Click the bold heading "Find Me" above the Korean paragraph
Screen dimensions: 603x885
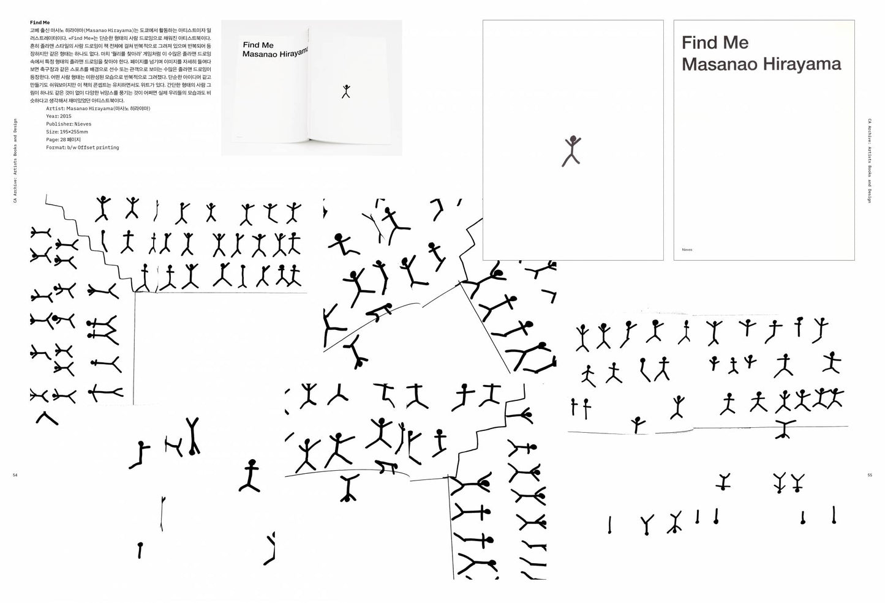pyautogui.click(x=40, y=22)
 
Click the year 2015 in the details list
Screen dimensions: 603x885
pyautogui.click(x=66, y=116)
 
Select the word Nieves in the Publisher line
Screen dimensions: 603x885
pyautogui.click(x=83, y=124)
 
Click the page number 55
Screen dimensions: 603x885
pyautogui.click(x=870, y=475)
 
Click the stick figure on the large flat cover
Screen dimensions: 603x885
pyautogui.click(x=571, y=151)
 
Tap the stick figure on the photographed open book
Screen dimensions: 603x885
pyautogui.click(x=346, y=91)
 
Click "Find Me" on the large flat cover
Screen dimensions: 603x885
pyautogui.click(x=715, y=43)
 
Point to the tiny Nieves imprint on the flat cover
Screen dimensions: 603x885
pyautogui.click(x=687, y=250)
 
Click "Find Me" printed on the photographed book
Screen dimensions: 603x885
pyautogui.click(x=258, y=45)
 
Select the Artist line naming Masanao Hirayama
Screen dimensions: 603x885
pyautogui.click(x=98, y=108)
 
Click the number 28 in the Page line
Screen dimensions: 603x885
pyautogui.click(x=63, y=140)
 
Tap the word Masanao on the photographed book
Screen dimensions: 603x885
pyautogui.click(x=260, y=54)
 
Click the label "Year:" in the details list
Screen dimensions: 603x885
pyautogui.click(x=52, y=116)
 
